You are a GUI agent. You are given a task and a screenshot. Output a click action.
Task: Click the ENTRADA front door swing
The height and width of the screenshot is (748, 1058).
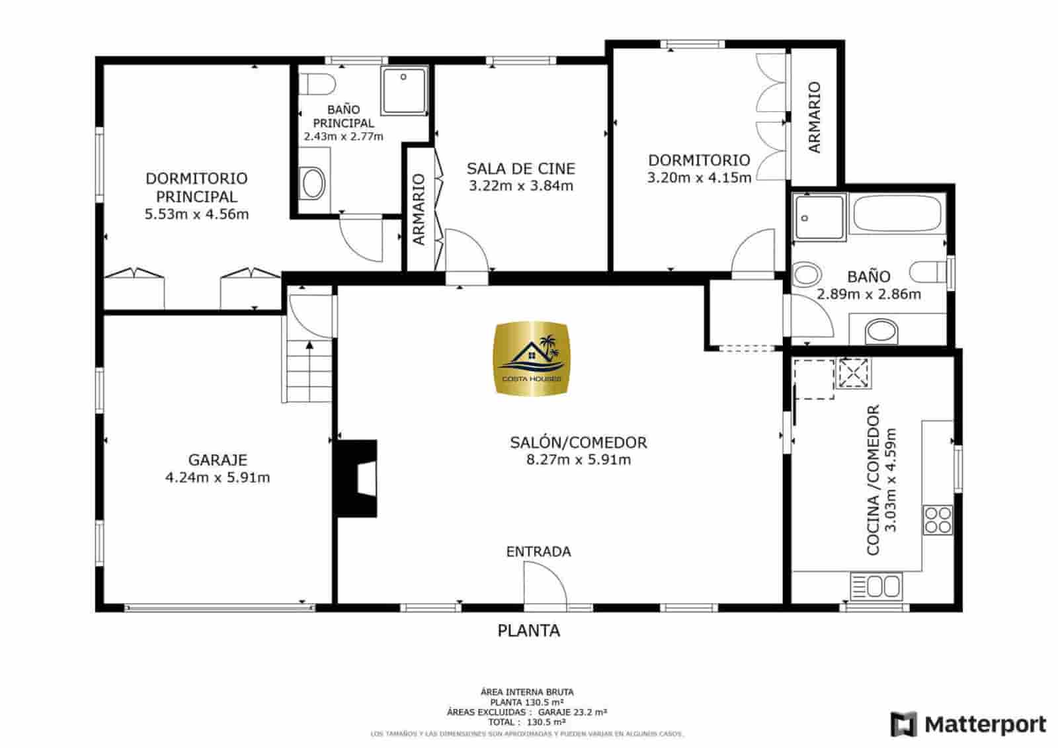pyautogui.click(x=544, y=585)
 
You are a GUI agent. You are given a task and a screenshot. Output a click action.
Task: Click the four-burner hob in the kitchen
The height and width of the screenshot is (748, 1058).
pyautogui.click(x=938, y=519)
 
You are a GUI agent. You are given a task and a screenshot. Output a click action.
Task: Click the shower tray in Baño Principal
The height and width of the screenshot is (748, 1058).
pyautogui.click(x=404, y=89)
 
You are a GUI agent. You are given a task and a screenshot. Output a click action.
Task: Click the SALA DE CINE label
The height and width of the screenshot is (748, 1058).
pyautogui.click(x=521, y=169)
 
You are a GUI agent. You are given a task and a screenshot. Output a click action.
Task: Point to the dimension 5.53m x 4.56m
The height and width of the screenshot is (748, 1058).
pyautogui.click(x=196, y=214)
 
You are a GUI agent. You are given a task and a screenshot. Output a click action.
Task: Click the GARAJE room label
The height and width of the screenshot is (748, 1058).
pyautogui.click(x=218, y=460)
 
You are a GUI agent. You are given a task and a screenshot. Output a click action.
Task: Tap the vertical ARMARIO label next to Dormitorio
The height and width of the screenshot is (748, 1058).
pyautogui.click(x=814, y=117)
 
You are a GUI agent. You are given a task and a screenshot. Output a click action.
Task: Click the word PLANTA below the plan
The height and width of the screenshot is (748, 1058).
pyautogui.click(x=528, y=631)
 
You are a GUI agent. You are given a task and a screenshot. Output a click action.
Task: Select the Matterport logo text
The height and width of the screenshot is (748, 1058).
pyautogui.click(x=985, y=724)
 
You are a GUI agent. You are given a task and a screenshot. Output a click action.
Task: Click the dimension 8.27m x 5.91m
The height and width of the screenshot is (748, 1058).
pyautogui.click(x=579, y=460)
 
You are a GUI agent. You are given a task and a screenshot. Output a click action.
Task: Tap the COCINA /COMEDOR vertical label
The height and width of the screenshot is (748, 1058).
pyautogui.click(x=872, y=479)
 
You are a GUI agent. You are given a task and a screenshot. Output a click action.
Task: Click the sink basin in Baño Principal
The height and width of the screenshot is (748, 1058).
pyautogui.click(x=313, y=183)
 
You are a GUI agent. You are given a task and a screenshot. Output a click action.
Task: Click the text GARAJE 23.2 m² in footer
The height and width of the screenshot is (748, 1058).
pyautogui.click(x=572, y=712)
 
